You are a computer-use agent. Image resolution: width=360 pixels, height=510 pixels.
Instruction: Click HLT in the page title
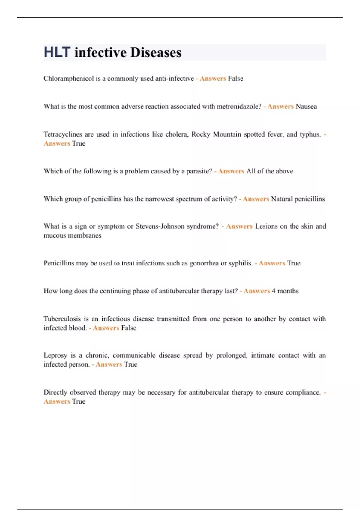(x=57, y=52)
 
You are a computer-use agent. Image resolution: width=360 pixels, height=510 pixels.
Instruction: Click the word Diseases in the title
(x=156, y=52)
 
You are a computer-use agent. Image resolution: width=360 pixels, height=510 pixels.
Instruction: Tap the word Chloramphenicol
(x=69, y=79)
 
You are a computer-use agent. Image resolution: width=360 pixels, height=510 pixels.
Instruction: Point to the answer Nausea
(x=306, y=106)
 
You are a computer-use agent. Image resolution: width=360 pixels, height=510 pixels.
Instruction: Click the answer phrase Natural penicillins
(x=298, y=199)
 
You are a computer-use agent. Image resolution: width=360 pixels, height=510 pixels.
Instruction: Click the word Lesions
(x=266, y=226)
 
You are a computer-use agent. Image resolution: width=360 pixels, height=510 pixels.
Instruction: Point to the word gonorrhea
(x=204, y=263)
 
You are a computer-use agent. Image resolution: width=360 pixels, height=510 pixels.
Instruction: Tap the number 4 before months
(x=274, y=291)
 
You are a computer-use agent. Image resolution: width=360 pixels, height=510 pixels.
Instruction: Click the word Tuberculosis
(x=62, y=319)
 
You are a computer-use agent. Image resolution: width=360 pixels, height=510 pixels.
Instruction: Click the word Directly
(x=55, y=392)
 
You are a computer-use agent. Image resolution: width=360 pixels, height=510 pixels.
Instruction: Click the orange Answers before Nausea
(x=280, y=106)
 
